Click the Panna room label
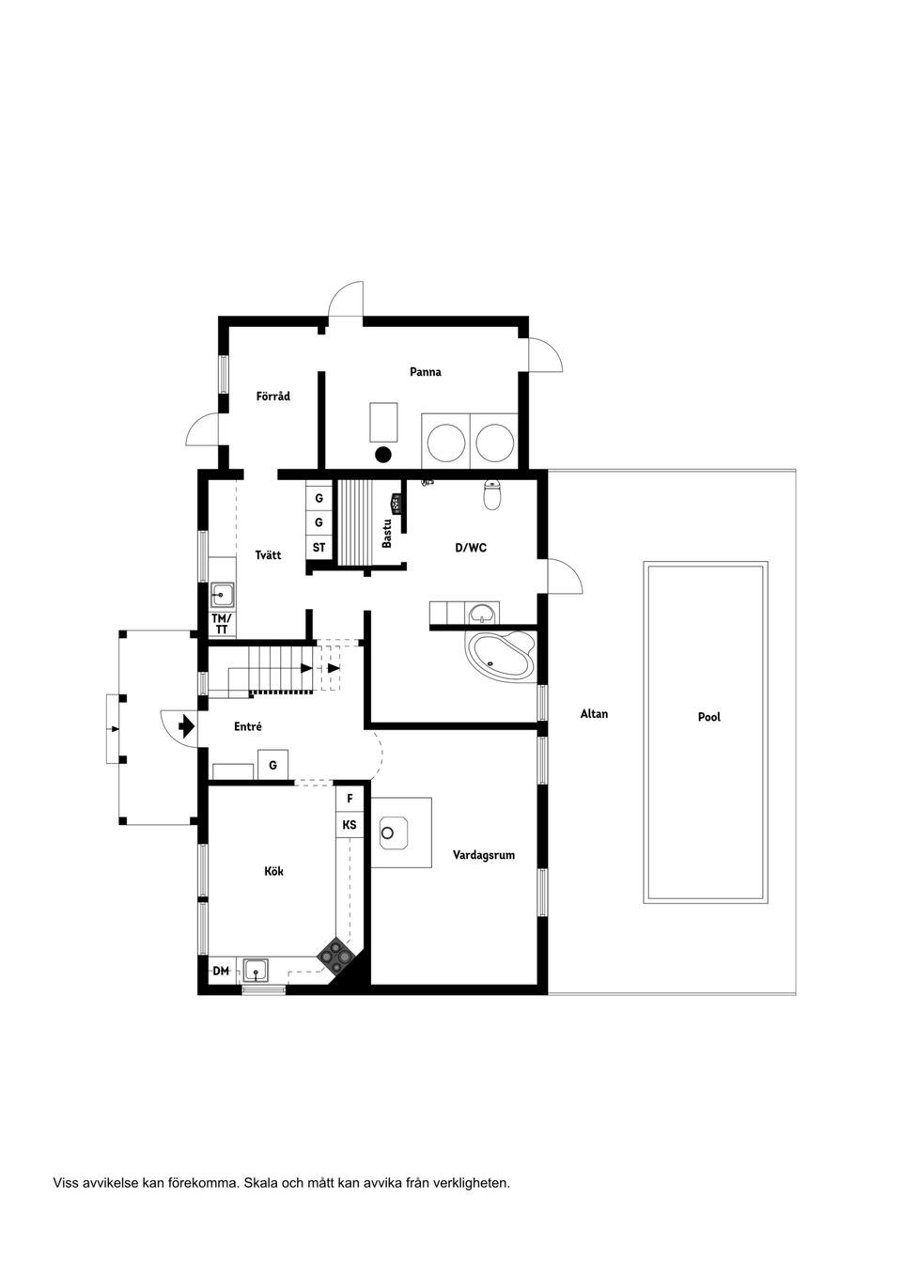coord(425,372)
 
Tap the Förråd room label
coord(273,397)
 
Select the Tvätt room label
coord(268,555)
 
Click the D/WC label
coord(471,548)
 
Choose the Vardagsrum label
coord(484,855)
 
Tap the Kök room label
coord(273,871)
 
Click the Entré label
coord(248,726)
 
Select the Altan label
coord(594,714)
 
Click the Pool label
coord(709,717)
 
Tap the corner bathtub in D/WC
coord(503,655)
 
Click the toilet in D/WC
coord(492,494)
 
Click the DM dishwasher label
coord(221,971)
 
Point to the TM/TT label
coord(222,624)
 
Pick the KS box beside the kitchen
coord(350,825)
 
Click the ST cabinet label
coord(319,547)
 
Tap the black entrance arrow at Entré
coord(185,725)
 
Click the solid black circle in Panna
coord(382,455)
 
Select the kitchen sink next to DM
coord(256,969)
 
